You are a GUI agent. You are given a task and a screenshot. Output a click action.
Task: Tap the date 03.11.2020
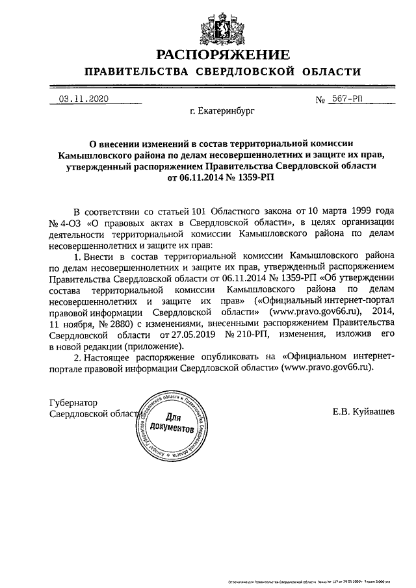pos(83,99)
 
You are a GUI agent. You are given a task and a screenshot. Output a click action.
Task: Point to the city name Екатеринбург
pos(222,111)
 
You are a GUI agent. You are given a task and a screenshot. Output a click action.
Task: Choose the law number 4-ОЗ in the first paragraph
pos(70,224)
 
